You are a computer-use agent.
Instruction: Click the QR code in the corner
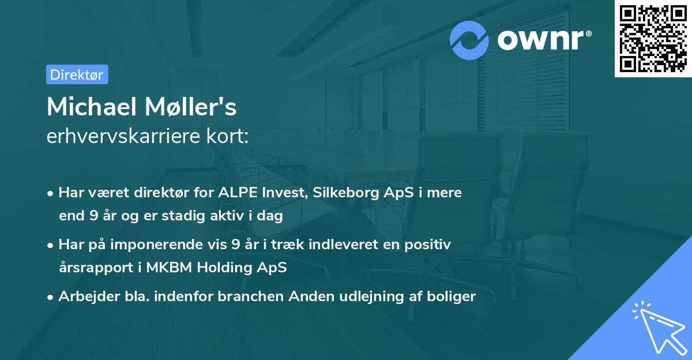click(x=653, y=38)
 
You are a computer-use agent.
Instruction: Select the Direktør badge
click(x=77, y=74)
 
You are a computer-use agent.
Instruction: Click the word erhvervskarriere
click(x=125, y=137)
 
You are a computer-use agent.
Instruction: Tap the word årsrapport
click(x=94, y=268)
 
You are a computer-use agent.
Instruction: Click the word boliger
click(x=453, y=297)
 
